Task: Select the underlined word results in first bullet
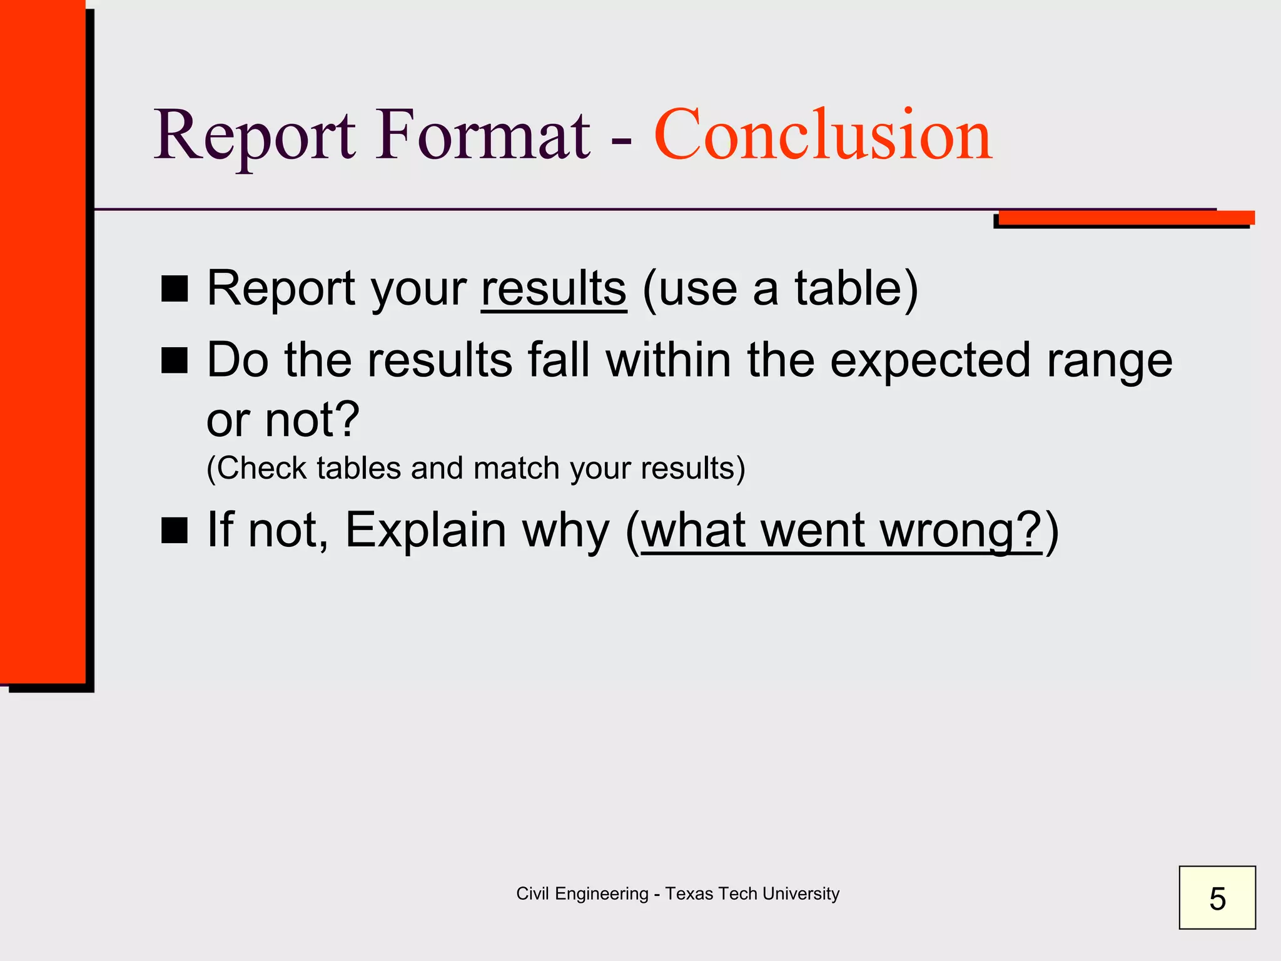click(554, 288)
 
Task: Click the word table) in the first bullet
click(856, 288)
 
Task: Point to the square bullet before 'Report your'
click(175, 289)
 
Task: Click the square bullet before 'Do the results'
click(175, 361)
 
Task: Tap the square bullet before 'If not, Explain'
click(175, 530)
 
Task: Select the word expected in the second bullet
click(929, 361)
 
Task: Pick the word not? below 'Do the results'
click(312, 419)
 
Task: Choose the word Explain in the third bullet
click(425, 530)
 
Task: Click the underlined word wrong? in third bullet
click(961, 531)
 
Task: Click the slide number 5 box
click(1217, 897)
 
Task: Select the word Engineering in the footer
click(601, 894)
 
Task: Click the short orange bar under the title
click(1126, 218)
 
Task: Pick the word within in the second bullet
click(668, 361)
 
